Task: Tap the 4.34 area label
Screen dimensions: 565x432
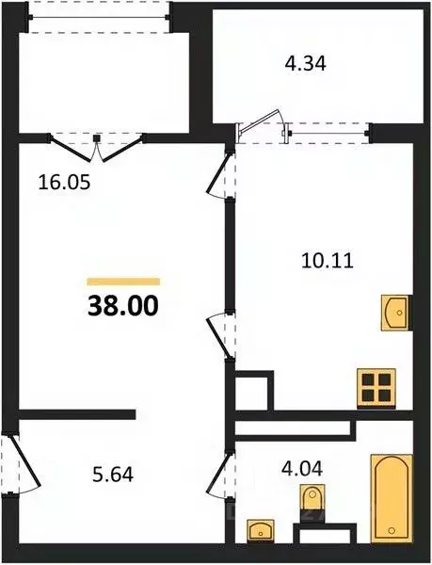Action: (x=302, y=66)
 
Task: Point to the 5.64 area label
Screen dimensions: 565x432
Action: (x=112, y=475)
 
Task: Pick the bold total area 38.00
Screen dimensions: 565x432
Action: (x=123, y=305)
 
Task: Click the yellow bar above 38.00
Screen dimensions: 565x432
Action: (x=123, y=281)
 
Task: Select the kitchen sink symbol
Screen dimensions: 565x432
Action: (x=395, y=311)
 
